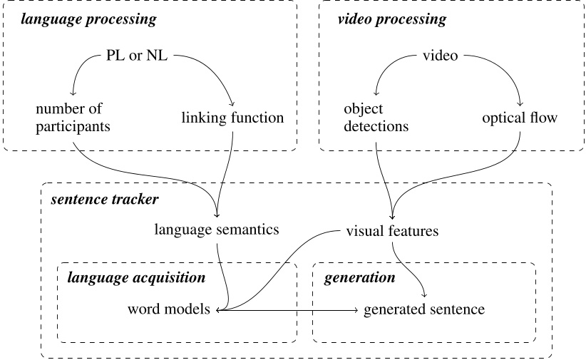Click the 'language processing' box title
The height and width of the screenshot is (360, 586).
(x=88, y=19)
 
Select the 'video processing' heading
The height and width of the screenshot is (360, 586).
(x=391, y=19)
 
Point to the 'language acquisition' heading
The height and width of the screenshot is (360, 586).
(x=136, y=277)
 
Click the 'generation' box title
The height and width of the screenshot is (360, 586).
(x=359, y=277)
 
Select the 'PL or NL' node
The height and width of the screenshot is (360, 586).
(x=134, y=56)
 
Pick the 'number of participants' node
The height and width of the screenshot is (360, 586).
(x=69, y=118)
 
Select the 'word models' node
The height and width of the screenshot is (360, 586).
(x=170, y=310)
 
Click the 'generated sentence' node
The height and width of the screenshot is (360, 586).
(x=424, y=310)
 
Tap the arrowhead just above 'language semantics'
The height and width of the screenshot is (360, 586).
(x=217, y=216)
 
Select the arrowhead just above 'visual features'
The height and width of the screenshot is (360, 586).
(x=391, y=216)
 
